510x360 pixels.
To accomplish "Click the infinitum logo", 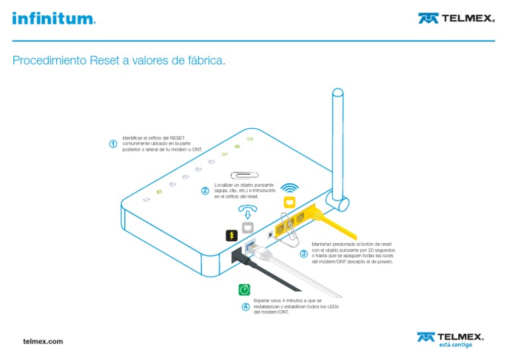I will coord(53,18).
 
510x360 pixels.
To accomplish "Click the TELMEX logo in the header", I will coord(456,18).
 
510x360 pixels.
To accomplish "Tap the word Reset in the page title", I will coord(105,61).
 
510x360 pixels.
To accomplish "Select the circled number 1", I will coord(114,143).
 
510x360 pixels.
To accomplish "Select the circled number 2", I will coord(205,191).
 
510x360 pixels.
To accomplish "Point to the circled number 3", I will coord(303,254).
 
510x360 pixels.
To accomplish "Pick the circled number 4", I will coord(246,307).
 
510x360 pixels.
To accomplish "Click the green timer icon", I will coord(245,290).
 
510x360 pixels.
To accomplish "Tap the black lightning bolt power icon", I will coord(231,235).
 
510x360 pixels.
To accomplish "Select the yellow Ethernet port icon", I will coord(288,202).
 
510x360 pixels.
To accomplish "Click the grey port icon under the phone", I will coord(248,227).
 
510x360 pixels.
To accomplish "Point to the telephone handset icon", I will coord(248,207).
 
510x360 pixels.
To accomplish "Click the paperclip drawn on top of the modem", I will coord(243,175).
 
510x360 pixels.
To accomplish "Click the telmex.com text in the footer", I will coord(42,341).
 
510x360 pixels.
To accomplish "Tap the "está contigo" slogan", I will coord(456,345).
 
